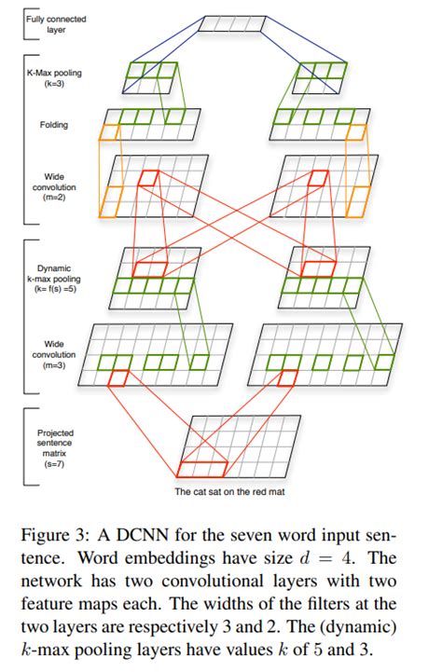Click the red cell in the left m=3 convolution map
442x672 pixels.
119,377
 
